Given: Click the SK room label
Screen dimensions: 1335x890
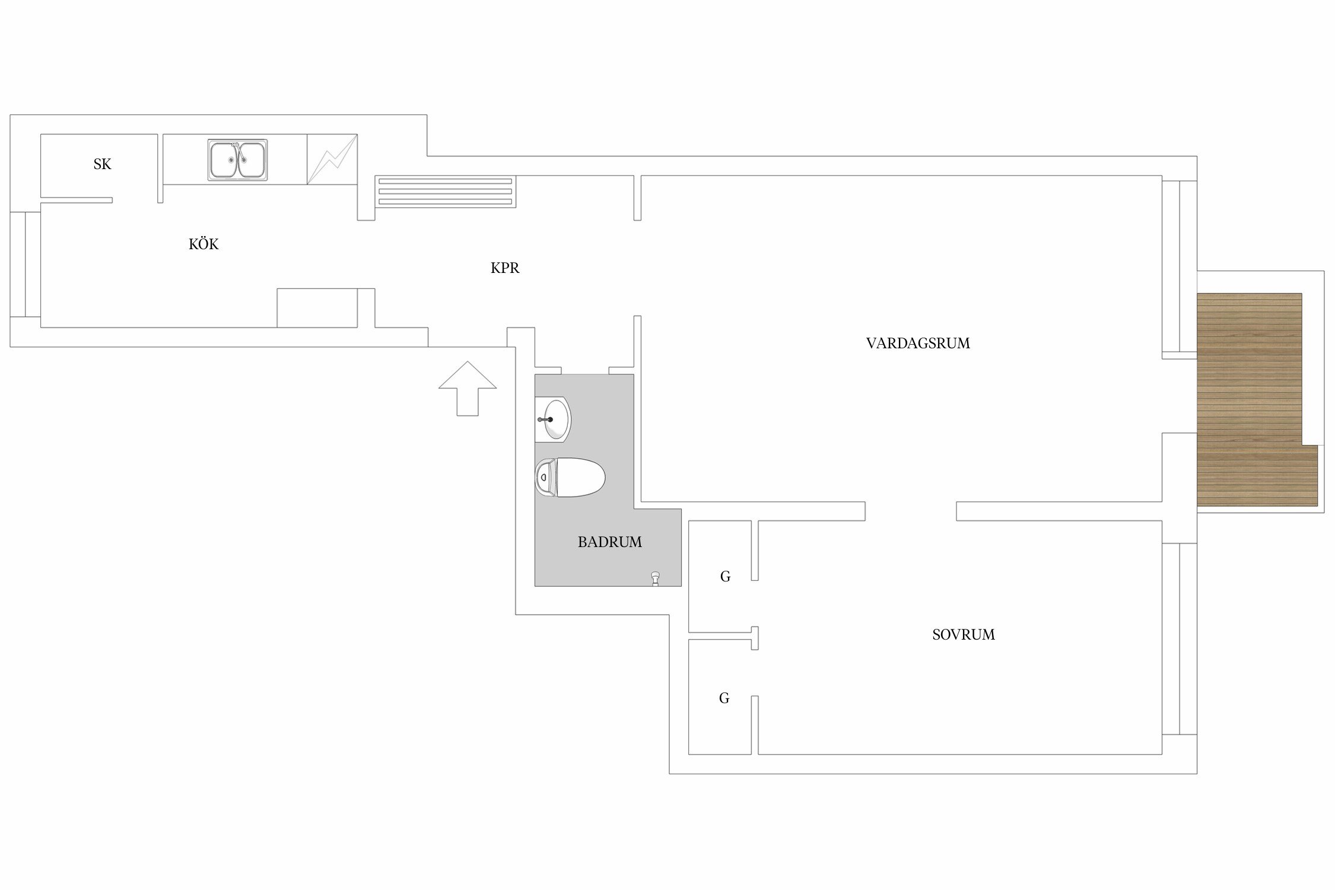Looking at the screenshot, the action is point(102,164).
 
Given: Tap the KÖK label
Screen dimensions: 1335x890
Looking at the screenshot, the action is point(204,244).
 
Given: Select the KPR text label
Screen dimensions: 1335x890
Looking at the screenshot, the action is point(505,268).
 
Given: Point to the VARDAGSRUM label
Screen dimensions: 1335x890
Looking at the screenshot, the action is point(918,344).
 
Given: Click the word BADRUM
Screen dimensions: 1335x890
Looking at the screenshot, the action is point(610,542).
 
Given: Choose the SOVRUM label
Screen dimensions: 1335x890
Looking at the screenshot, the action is point(964,635).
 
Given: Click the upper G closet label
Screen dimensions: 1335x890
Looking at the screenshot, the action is point(725,577).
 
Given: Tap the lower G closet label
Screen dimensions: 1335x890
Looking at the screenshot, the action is point(724,698).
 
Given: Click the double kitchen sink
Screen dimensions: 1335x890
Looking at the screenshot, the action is point(237,160).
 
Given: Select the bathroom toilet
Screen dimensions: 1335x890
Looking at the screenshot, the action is point(570,478).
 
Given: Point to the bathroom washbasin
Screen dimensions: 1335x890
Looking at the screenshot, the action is point(552,419).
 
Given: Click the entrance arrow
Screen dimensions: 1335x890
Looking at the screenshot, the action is point(468,388).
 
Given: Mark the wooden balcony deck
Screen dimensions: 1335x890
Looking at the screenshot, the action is point(1257,399).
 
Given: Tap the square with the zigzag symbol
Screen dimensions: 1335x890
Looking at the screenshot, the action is point(332,160).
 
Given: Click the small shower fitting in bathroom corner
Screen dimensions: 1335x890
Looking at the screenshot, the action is point(655,578).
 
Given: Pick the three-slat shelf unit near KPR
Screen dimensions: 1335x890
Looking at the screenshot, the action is point(445,192).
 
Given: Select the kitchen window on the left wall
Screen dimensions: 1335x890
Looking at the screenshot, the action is point(26,264).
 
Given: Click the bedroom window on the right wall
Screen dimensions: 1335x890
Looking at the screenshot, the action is point(1179,639).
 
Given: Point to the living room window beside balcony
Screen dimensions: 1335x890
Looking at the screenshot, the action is point(1179,267).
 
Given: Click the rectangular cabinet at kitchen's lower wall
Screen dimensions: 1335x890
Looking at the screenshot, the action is point(317,308).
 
